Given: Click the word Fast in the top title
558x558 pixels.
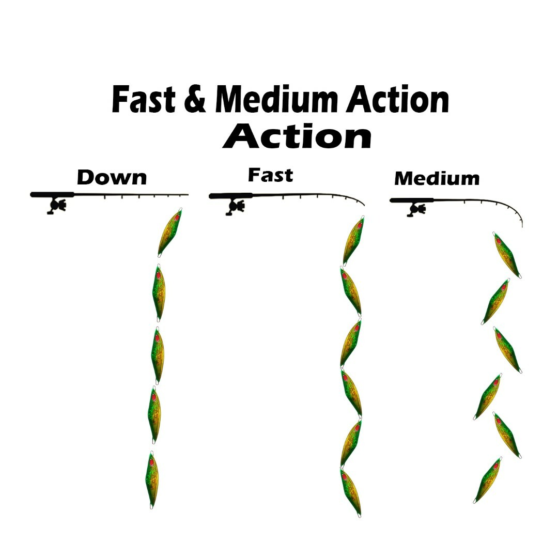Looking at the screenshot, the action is [x=143, y=100].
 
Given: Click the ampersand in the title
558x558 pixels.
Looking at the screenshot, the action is [x=194, y=100].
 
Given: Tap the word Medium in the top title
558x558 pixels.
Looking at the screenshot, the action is [x=276, y=100].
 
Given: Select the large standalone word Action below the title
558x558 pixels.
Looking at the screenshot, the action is [x=297, y=137].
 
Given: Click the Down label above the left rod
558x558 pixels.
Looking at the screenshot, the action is [x=112, y=178].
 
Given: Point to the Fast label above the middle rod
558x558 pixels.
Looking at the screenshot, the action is [x=270, y=175].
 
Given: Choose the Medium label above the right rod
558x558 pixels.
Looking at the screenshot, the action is [x=437, y=179].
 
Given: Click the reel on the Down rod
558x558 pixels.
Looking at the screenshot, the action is [x=57, y=206].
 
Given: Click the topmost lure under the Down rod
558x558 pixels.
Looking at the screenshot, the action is [x=169, y=233].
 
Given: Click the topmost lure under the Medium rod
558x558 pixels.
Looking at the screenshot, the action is [x=507, y=255].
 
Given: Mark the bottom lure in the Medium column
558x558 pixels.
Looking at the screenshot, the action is [x=487, y=479].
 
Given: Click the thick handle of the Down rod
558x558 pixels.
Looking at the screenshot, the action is [x=52, y=195].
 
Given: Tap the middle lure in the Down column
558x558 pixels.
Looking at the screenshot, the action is [x=158, y=355].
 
